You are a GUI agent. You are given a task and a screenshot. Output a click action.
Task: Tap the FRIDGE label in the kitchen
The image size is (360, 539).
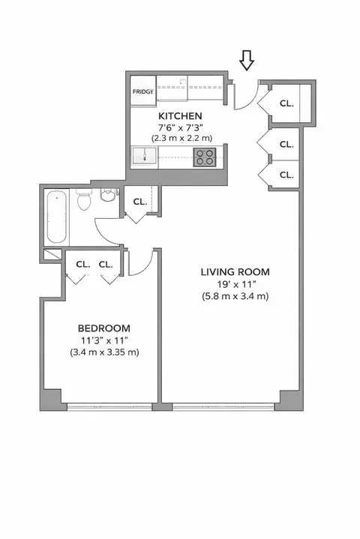click(142, 92)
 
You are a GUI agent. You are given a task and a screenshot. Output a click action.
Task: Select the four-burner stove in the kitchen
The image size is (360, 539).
click(204, 156)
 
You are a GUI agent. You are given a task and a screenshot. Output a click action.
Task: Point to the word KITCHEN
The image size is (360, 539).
click(179, 116)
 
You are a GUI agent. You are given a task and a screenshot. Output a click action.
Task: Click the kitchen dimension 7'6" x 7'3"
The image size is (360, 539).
click(179, 128)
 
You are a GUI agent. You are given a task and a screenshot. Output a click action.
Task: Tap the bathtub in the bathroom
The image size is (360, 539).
click(57, 217)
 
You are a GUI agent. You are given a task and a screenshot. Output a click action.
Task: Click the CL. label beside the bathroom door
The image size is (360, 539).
click(139, 202)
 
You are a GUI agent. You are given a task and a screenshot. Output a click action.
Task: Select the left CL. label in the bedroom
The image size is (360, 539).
click(82, 264)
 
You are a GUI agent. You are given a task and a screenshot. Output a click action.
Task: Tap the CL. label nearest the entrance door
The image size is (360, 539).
click(286, 103)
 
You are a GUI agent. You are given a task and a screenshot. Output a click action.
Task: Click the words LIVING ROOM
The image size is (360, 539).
click(234, 271)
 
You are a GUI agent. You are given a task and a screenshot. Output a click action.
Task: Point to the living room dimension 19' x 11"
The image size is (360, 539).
click(234, 284)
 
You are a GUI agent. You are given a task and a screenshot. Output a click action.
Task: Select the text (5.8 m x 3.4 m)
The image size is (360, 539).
click(234, 296)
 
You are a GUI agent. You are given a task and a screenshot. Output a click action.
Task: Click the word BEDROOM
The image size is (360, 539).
click(104, 328)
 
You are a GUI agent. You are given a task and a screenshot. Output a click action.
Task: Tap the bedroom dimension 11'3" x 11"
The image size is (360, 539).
click(104, 340)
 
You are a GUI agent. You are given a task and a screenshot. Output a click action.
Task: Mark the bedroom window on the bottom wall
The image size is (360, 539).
click(109, 406)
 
